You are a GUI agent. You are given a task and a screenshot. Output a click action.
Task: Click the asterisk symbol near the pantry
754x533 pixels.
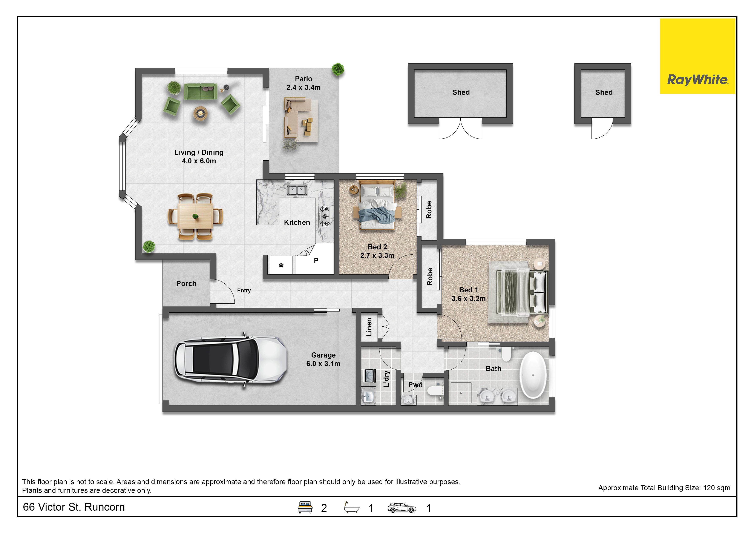[281, 265]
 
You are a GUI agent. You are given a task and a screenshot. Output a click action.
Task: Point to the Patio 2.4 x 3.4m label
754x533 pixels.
[303, 83]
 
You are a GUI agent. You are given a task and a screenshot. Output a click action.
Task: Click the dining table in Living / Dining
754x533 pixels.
[195, 216]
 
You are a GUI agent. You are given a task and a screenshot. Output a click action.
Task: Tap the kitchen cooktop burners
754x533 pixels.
[325, 216]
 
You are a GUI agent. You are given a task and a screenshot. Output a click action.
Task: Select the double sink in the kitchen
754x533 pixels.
[297, 190]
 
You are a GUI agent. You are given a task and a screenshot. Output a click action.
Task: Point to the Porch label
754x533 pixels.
[186, 283]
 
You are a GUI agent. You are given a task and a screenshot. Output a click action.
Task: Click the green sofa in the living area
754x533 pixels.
[200, 92]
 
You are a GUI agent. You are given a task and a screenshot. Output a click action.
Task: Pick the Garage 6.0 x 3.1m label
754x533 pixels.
[323, 359]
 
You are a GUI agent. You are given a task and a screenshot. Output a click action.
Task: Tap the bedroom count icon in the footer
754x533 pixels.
[305, 507]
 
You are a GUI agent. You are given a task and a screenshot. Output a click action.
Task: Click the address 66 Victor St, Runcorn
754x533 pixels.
[74, 507]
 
